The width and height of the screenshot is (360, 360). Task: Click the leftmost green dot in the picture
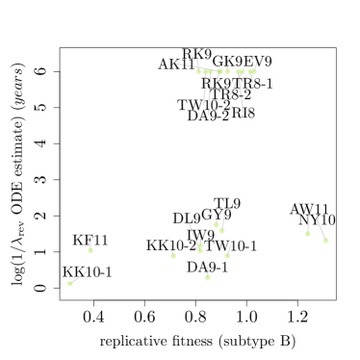pyautogui.click(x=70, y=283)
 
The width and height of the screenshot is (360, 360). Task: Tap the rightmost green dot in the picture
pyautogui.click(x=325, y=240)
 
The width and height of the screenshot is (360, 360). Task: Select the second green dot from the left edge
pyautogui.click(x=90, y=250)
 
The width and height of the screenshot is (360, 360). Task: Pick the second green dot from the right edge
pyautogui.click(x=307, y=233)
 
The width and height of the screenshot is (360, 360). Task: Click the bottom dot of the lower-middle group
pyautogui.click(x=207, y=276)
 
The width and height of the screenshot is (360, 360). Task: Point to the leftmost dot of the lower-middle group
pyautogui.click(x=173, y=255)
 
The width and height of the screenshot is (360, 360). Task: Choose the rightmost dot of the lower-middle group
pyautogui.click(x=227, y=255)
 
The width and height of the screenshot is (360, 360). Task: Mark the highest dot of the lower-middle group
pyautogui.click(x=216, y=224)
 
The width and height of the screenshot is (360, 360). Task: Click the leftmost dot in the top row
pyautogui.click(x=199, y=71)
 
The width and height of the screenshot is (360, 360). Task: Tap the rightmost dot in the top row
pyautogui.click(x=253, y=71)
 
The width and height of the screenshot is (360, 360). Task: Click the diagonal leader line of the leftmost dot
pyautogui.click(x=79, y=276)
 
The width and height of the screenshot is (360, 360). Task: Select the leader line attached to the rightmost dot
pyautogui.click(x=321, y=229)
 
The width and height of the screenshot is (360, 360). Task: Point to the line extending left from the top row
pyautogui.click(x=187, y=65)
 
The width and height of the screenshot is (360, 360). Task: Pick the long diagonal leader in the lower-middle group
pyautogui.click(x=193, y=232)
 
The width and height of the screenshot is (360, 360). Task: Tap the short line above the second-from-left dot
pyautogui.click(x=90, y=244)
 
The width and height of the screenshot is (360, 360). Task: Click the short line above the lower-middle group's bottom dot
pyautogui.click(x=207, y=270)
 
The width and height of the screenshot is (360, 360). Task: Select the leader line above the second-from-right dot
pyautogui.click(x=309, y=220)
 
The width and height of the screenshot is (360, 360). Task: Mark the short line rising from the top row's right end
pyautogui.click(x=255, y=65)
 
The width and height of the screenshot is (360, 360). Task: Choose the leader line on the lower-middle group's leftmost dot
pyautogui.click(x=172, y=249)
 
